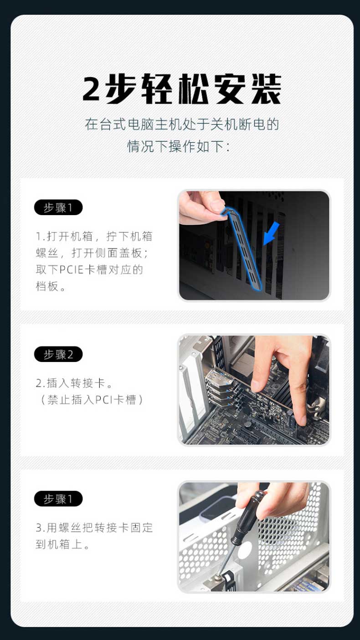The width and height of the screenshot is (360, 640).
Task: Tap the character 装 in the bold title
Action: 266,88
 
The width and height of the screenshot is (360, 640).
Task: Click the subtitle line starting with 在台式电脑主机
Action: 182,124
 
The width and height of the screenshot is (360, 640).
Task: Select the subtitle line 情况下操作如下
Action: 178,146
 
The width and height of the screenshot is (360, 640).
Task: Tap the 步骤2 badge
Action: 58,354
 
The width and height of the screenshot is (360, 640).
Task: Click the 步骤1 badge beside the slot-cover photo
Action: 58,207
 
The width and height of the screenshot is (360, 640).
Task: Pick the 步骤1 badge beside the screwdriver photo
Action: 58,499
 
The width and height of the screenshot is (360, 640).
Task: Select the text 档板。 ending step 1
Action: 51,286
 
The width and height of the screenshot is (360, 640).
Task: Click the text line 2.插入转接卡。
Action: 74,383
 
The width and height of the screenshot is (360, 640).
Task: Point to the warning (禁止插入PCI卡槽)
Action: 92,400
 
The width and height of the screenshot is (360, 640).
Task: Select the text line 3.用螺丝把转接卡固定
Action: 95,528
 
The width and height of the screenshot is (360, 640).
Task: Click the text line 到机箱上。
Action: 62,544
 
